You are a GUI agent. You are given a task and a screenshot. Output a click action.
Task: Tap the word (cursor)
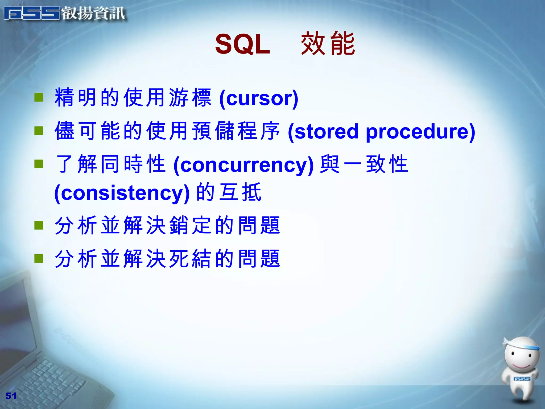pos(259,98)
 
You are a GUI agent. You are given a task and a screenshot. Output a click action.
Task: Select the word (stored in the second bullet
pos(323,132)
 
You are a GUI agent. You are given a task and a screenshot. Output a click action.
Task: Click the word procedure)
pos(420,132)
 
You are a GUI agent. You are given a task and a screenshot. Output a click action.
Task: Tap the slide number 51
pos(11,396)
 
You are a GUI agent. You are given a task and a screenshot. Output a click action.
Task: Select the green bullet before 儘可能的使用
pos(39,131)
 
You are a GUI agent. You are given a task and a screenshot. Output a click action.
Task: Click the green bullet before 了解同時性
pos(39,164)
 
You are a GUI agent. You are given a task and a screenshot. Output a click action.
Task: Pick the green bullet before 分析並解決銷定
pos(39,225)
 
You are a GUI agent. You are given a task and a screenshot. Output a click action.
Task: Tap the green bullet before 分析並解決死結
pos(39,258)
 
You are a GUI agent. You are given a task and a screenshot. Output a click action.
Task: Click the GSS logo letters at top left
pos(32,13)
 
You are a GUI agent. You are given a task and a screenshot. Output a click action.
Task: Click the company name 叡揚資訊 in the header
pos(93,13)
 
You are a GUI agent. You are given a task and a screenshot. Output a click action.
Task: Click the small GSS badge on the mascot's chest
pos(522,379)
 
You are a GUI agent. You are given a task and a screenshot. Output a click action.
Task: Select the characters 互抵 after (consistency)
pos(240,192)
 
